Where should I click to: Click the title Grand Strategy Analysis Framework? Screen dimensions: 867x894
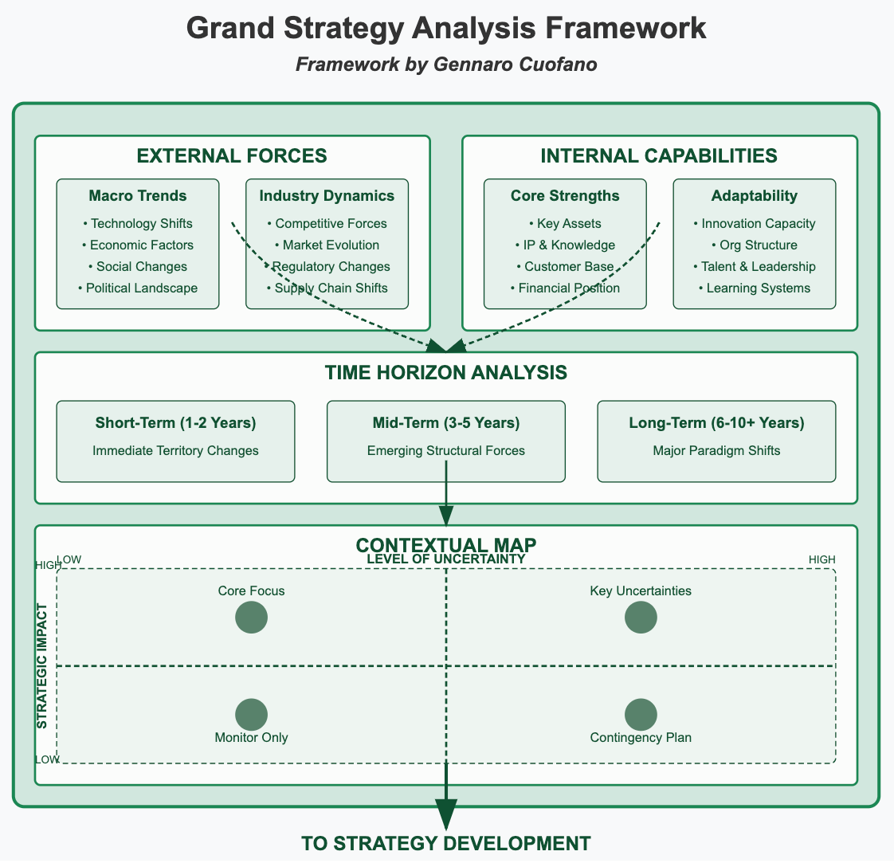click(446, 28)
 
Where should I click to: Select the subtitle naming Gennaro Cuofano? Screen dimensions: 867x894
click(446, 65)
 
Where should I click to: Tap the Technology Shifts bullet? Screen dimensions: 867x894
click(138, 223)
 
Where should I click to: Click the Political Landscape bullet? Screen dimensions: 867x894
click(138, 288)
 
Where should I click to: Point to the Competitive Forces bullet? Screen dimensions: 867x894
click(327, 223)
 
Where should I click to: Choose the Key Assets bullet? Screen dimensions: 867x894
click(565, 223)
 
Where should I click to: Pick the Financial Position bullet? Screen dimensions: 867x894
click(565, 288)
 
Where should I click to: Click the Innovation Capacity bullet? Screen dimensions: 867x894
click(754, 223)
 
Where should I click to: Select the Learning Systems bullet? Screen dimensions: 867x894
click(754, 288)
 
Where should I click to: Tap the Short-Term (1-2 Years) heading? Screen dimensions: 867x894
click(175, 422)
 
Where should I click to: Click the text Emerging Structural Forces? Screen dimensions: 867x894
click(446, 450)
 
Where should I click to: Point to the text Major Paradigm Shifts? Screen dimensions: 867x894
click(716, 450)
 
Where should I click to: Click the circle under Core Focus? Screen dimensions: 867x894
click(252, 618)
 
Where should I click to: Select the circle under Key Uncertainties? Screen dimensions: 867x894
click(641, 618)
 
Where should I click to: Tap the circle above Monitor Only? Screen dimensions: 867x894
click(252, 715)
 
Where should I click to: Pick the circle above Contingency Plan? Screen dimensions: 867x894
click(641, 715)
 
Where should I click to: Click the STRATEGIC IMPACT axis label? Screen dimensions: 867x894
click(42, 665)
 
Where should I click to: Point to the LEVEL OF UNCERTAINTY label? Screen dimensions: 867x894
click(446, 559)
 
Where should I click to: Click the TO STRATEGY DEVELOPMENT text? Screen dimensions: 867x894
click(446, 844)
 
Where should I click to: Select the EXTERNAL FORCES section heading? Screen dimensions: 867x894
click(232, 156)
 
